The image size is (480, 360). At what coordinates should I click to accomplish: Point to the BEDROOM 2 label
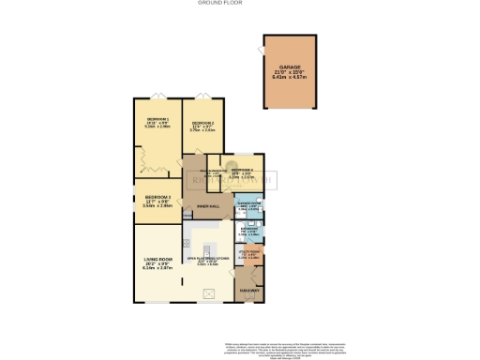tap(202, 124)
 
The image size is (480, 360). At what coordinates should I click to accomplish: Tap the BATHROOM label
tap(248, 228)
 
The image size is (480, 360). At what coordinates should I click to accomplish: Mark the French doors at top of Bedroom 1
tap(157, 95)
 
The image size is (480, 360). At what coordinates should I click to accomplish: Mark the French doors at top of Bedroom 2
tap(202, 95)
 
